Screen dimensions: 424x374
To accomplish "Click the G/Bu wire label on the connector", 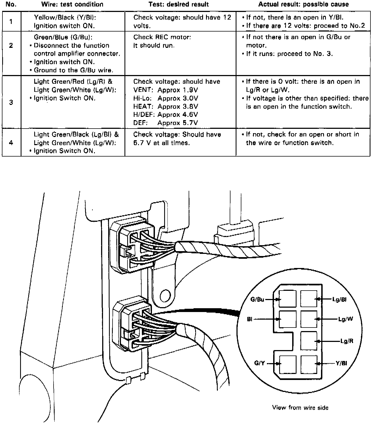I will point(257,300).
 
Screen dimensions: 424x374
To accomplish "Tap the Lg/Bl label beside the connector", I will point(339,300).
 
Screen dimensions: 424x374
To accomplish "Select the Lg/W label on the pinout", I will point(345,319).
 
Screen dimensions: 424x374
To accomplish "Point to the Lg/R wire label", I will point(347,341).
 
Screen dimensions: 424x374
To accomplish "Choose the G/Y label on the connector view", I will point(259,363).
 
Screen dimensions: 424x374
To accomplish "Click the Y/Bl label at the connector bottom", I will point(341,363).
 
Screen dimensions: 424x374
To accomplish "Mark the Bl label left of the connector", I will point(250,319).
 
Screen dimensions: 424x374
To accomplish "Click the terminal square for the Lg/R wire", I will point(309,341).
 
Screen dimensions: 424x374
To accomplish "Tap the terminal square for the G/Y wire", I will point(288,364).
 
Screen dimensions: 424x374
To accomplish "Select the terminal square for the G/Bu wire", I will point(288,299).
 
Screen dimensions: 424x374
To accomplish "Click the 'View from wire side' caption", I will point(300,408).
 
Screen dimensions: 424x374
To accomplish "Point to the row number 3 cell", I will point(11,102).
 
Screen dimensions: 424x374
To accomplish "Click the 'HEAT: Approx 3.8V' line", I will point(166,107).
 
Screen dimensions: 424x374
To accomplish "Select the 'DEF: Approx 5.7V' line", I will point(166,123).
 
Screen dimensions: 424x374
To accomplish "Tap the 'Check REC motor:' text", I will point(162,37).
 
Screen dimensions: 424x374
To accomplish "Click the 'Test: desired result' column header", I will point(179,4).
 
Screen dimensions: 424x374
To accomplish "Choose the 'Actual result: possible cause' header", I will point(303,4).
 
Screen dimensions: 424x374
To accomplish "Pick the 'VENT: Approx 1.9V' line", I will point(166,90).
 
